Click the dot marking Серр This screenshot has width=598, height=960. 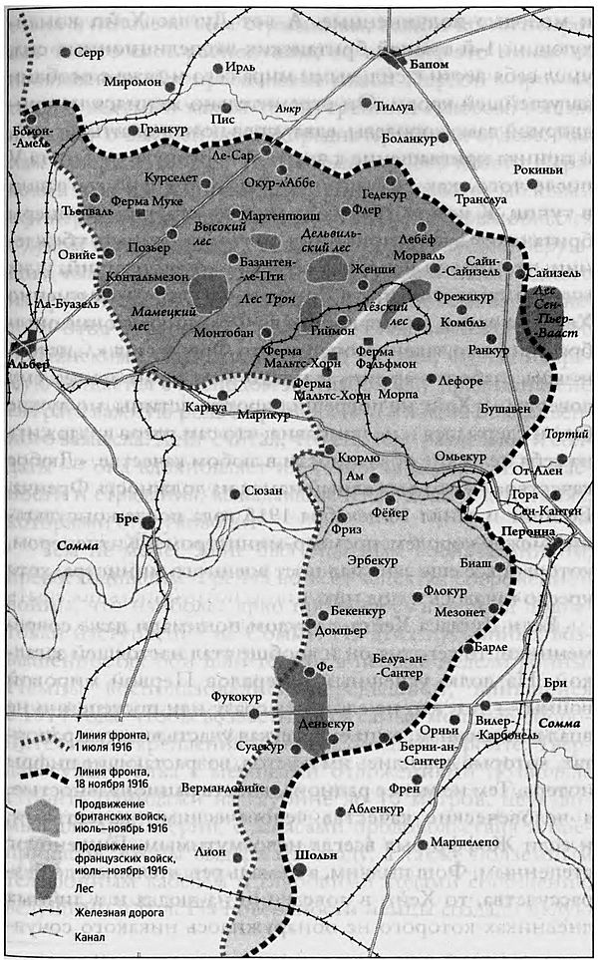66,52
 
